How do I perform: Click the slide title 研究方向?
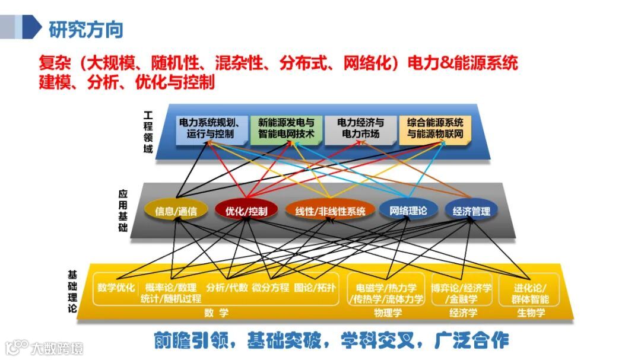pyautogui.click(x=86, y=28)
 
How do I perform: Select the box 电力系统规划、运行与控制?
pyautogui.click(x=210, y=129)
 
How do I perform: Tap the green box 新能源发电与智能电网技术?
pyautogui.click(x=286, y=129)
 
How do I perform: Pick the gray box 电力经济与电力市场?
pyautogui.click(x=360, y=129)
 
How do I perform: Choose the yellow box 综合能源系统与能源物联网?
pyautogui.click(x=435, y=129)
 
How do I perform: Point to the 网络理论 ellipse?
pyautogui.click(x=408, y=210)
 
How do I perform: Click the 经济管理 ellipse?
pyautogui.click(x=471, y=211)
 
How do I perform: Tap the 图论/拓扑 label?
pyautogui.click(x=315, y=288)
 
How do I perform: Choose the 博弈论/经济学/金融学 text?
pyautogui.click(x=462, y=294)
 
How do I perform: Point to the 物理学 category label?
pyautogui.click(x=388, y=313)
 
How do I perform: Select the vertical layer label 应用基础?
pyautogui.click(x=123, y=210)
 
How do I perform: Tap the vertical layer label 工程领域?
pyautogui.click(x=148, y=132)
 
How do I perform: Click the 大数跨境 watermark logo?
pyautogui.click(x=45, y=347)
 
